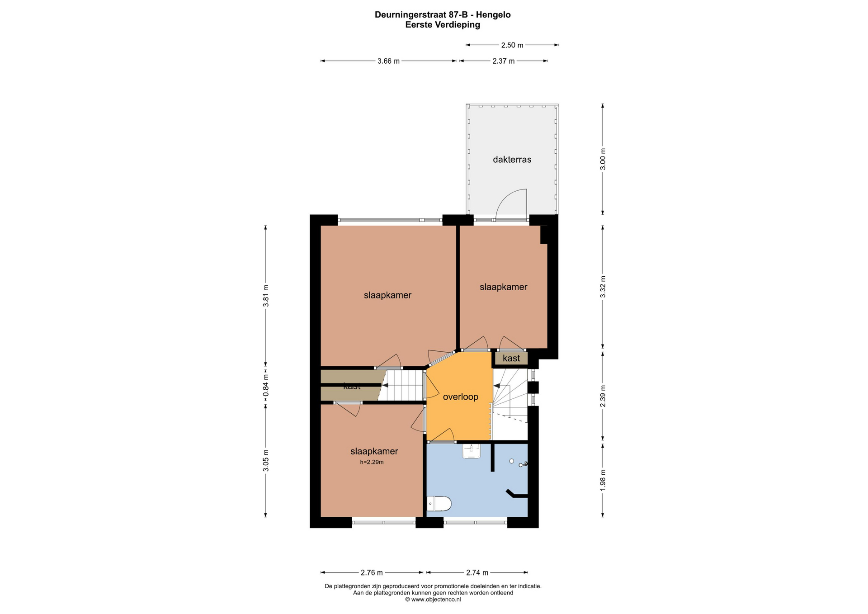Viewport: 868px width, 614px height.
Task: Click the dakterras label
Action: click(x=512, y=160)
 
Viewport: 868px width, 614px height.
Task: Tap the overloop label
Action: click(x=460, y=397)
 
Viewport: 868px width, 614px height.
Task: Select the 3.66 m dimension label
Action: click(x=388, y=61)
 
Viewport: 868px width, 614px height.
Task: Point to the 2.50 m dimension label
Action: click(x=512, y=45)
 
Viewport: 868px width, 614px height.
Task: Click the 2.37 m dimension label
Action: click(x=504, y=61)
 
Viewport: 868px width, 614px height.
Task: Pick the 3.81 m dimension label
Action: click(x=266, y=296)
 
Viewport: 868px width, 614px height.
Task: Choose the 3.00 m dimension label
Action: click(x=603, y=159)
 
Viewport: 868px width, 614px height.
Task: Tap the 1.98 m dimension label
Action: click(x=603, y=480)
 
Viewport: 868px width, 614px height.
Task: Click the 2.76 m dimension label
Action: click(x=372, y=573)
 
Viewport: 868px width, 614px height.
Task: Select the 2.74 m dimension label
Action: click(x=477, y=573)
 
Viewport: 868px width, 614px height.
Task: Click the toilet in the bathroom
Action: click(x=439, y=503)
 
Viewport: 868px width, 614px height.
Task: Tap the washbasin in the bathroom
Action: click(x=471, y=451)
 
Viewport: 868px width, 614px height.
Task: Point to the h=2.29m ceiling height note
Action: click(x=372, y=462)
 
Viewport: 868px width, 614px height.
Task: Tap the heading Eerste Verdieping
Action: click(x=443, y=25)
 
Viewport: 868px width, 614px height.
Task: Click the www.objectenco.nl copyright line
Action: click(x=433, y=600)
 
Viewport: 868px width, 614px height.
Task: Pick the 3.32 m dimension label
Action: click(x=603, y=287)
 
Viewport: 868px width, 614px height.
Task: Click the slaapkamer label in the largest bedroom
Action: click(x=387, y=296)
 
